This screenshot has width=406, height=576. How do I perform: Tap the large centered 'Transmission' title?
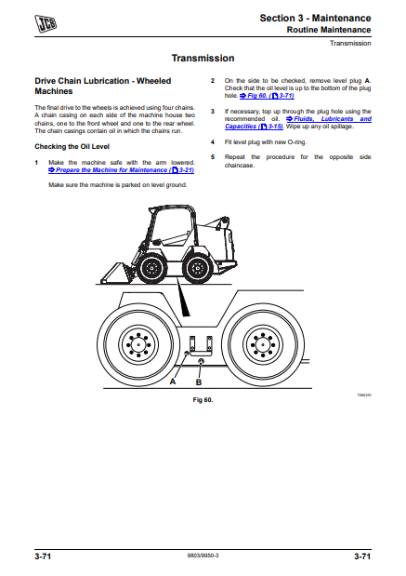click(203, 58)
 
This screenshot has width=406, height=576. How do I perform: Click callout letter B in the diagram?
click(199, 382)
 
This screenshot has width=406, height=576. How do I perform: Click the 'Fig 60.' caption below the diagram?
click(203, 400)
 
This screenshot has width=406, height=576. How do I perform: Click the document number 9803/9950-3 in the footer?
click(203, 556)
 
